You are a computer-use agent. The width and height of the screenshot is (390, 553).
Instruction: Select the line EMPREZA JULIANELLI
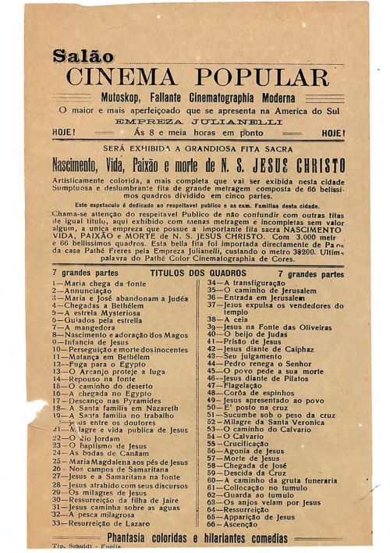pyautogui.click(x=198, y=122)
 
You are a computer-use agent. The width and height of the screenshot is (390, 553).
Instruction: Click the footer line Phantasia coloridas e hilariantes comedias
pyautogui.click(x=196, y=537)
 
